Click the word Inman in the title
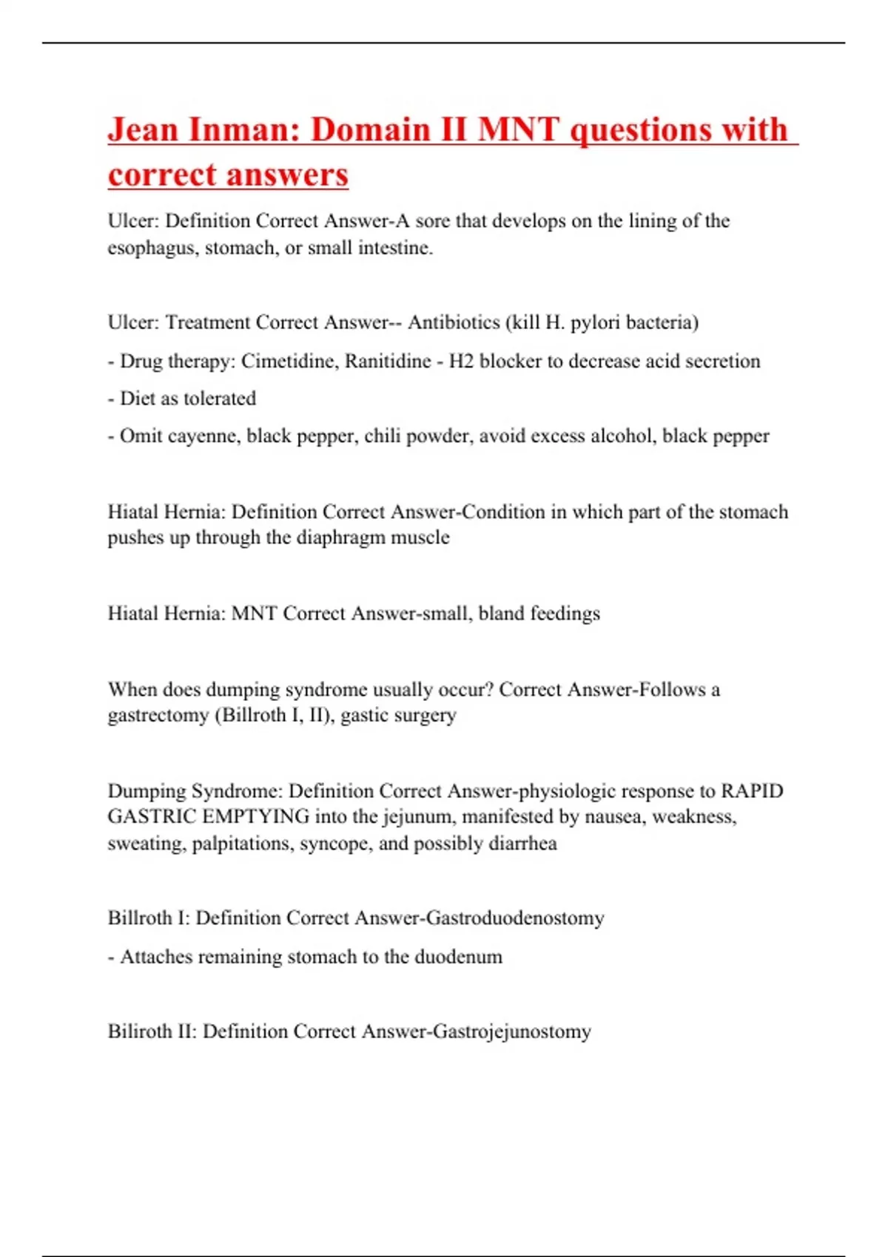(241, 130)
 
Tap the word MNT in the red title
(518, 130)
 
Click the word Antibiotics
(454, 322)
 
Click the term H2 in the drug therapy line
(461, 361)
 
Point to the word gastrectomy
(158, 716)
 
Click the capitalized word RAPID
(752, 791)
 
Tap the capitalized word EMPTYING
(259, 817)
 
